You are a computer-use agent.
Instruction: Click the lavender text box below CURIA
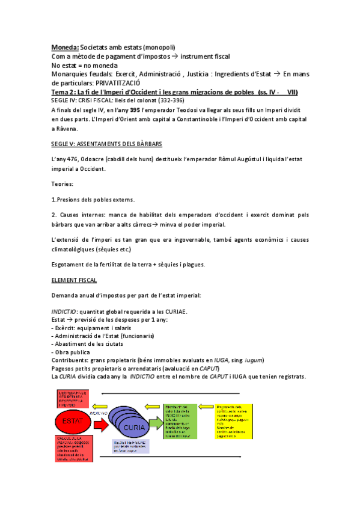130,446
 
